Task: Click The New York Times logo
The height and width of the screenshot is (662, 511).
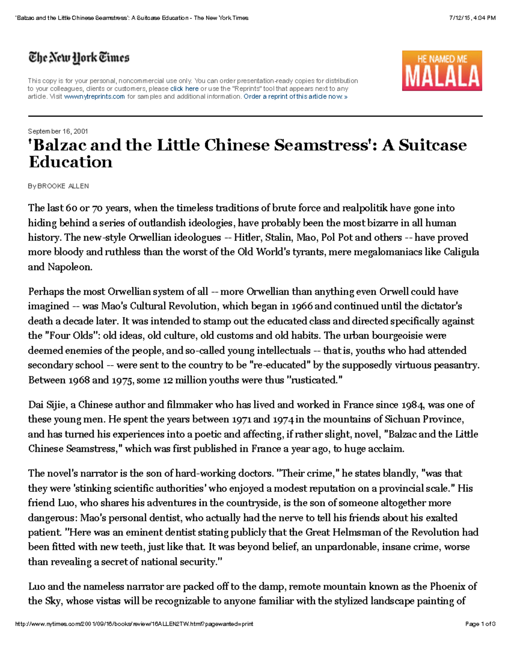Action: point(79,58)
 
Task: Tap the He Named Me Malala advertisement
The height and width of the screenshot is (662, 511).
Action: point(442,70)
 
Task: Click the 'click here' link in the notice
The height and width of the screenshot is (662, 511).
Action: point(184,89)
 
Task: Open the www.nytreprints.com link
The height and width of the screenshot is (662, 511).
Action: point(94,97)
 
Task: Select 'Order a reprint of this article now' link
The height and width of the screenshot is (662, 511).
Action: point(295,97)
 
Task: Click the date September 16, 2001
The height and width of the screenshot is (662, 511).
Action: point(57,131)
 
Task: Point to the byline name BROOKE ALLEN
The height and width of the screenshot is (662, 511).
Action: point(63,186)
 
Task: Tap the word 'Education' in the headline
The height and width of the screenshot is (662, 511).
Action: point(70,162)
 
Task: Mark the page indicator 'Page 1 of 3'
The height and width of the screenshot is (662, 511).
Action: point(480,624)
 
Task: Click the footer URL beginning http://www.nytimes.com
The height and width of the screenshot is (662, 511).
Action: point(134,624)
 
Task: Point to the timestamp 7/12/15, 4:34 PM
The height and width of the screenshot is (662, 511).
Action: point(472,18)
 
